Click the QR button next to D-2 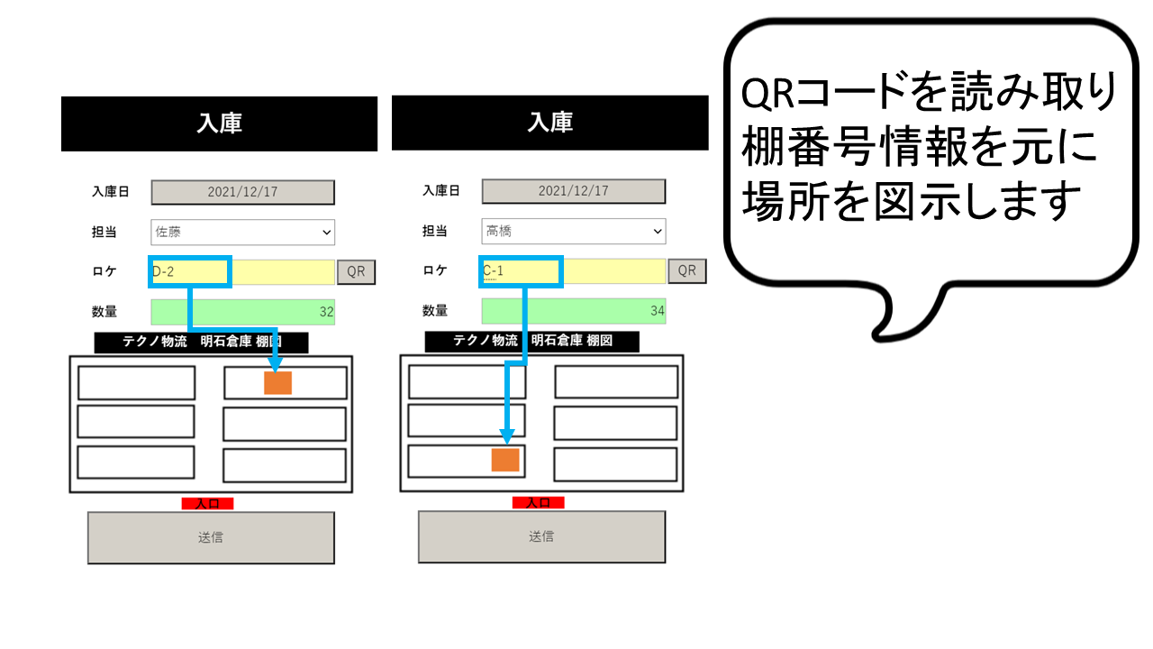click(356, 272)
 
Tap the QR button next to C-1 click(687, 271)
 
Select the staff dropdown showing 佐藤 click(243, 233)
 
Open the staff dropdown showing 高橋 click(574, 232)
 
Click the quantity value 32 click(326, 312)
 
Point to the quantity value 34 click(658, 311)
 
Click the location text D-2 click(163, 272)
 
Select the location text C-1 click(493, 271)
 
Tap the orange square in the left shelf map click(278, 383)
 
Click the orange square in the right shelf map click(505, 460)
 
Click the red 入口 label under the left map click(207, 504)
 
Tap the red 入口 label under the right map click(539, 503)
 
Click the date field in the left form click(243, 192)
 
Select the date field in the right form click(574, 191)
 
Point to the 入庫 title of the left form click(220, 123)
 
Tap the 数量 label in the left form click(104, 312)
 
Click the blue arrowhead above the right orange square click(507, 437)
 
